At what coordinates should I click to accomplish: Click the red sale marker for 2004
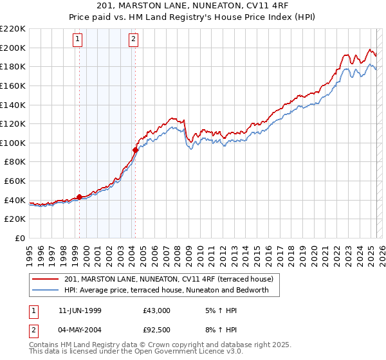[x=136, y=150]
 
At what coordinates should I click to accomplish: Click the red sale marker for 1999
[x=79, y=197]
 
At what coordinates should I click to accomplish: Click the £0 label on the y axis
[x=19, y=238]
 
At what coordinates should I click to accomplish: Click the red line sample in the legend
[x=46, y=279]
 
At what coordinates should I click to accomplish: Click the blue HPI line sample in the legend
[x=46, y=290]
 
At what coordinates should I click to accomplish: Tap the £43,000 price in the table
[x=156, y=310]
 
